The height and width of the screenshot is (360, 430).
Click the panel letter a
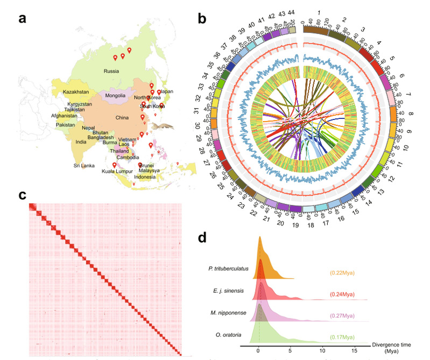23,19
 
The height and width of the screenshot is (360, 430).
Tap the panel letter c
22,195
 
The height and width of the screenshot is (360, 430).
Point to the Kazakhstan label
76,93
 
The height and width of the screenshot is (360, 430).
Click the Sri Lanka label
86,166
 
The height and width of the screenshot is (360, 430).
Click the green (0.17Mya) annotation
342,337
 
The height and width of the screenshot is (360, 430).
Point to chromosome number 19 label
295,218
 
